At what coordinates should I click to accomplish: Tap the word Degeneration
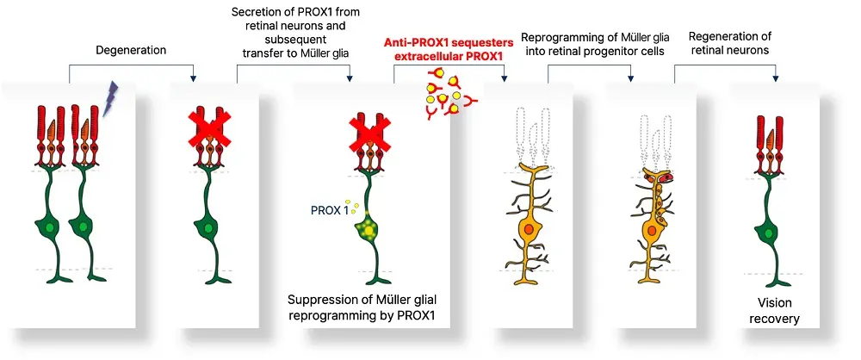tap(131, 51)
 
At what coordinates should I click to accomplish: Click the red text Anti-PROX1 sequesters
tap(448, 43)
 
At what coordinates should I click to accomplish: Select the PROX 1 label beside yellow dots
tap(330, 210)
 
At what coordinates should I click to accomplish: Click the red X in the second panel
tap(209, 129)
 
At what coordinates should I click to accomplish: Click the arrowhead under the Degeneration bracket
tap(192, 78)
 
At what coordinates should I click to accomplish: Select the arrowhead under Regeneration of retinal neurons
tap(776, 78)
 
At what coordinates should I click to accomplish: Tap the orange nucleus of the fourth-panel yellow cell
tap(529, 228)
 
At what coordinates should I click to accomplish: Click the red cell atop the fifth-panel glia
tap(666, 177)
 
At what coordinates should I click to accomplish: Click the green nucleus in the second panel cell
tap(208, 228)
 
